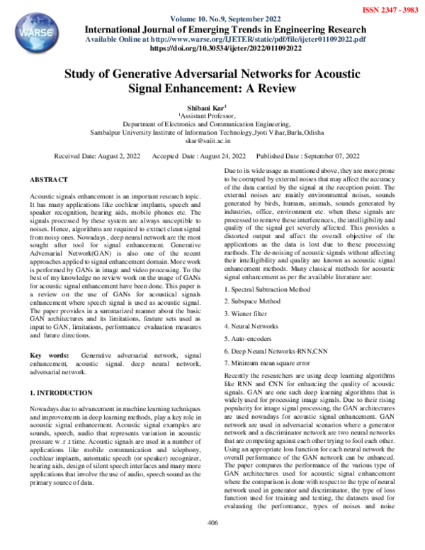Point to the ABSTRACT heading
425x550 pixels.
click(49, 181)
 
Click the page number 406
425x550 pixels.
click(211, 542)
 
